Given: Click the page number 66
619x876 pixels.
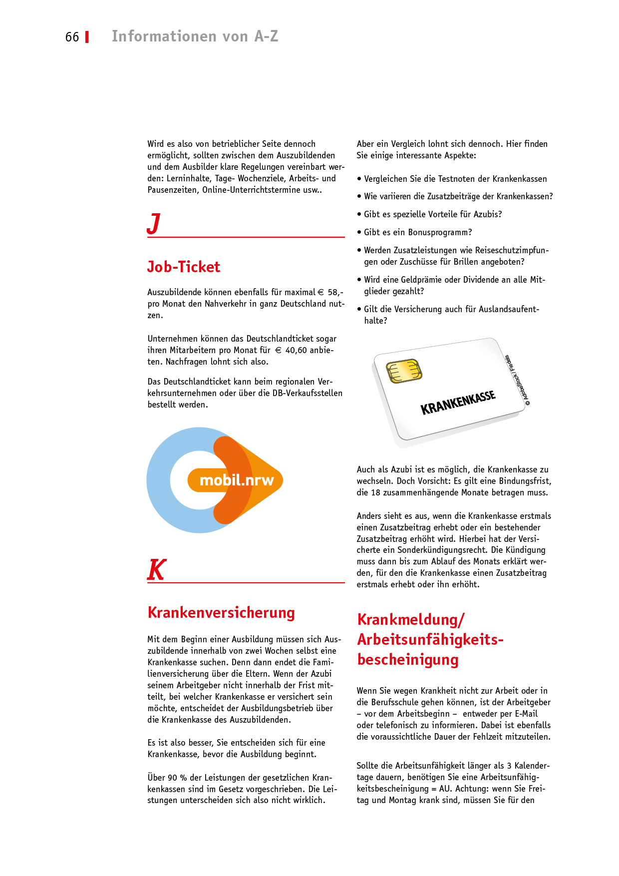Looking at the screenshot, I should click(72, 37).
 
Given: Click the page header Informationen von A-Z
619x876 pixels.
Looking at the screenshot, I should click(195, 36).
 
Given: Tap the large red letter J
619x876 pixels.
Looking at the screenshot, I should click(154, 223).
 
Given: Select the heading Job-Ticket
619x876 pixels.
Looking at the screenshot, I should click(183, 267).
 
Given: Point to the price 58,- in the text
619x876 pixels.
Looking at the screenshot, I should click(335, 292).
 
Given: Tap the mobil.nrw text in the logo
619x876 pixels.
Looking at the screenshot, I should click(237, 480).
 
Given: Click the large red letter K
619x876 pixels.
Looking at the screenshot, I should click(157, 570).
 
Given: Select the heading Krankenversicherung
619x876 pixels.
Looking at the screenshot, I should click(221, 612).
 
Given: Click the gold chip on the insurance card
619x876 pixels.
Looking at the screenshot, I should click(404, 371).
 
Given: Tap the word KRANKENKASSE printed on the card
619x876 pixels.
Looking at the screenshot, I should click(458, 403).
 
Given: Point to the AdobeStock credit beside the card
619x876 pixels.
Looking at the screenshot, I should click(517, 380).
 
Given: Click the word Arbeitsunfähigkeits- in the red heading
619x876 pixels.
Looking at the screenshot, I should click(430, 639).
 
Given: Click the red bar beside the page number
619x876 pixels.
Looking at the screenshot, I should click(87, 37).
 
